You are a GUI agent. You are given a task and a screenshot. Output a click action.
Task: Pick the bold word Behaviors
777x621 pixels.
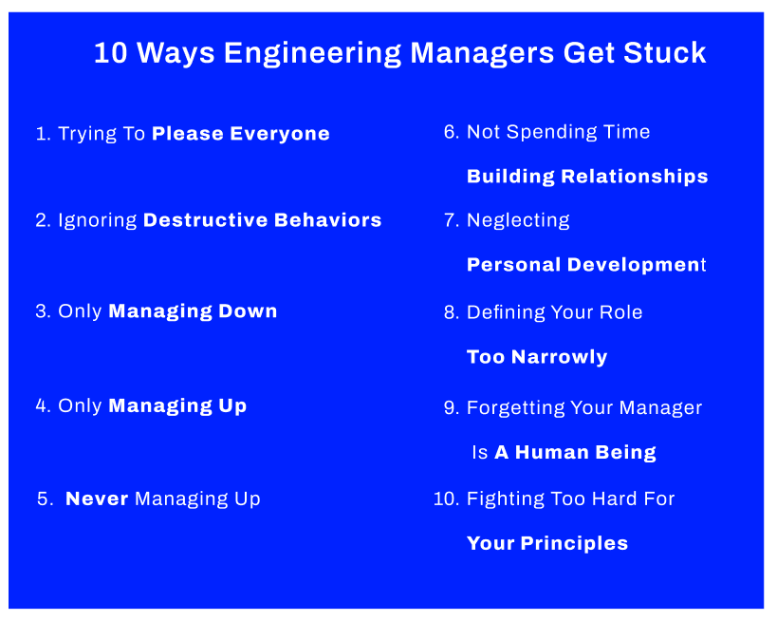click(x=327, y=220)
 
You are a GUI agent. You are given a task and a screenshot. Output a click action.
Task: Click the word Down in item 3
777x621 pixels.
click(x=248, y=311)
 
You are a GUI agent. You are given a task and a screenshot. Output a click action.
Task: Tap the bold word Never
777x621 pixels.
click(x=97, y=499)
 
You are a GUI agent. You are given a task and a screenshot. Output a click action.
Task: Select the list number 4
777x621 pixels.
click(x=42, y=405)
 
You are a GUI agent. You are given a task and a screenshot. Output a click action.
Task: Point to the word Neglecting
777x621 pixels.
click(x=518, y=220)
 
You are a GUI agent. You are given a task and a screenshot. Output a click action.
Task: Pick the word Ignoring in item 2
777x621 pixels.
click(x=97, y=220)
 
